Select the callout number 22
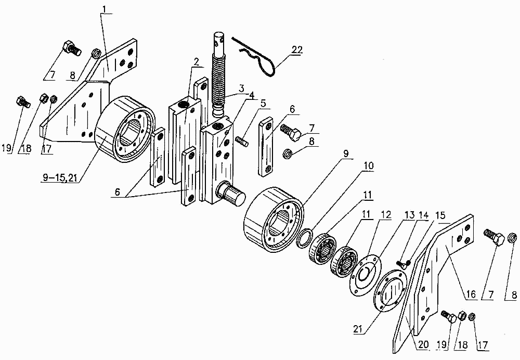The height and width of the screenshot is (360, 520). point(297,50)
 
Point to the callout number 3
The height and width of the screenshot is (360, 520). point(241,88)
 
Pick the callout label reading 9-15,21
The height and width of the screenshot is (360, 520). point(60,177)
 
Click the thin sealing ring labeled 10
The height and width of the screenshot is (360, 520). point(304,238)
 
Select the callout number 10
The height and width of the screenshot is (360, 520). point(368,166)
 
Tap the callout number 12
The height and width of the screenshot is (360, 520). point(386,215)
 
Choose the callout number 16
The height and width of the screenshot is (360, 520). point(471,294)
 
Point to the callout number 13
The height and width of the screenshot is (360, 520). point(410,215)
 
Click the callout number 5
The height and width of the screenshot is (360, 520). point(263,104)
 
